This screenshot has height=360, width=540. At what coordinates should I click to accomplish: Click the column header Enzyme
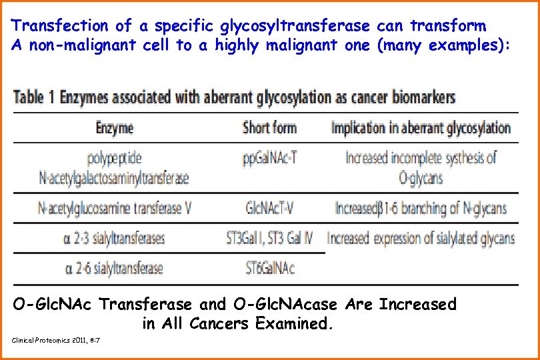coord(115,128)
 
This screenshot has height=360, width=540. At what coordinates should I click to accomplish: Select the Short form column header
coord(270,128)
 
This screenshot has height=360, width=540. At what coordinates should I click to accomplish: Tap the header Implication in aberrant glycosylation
coord(421,128)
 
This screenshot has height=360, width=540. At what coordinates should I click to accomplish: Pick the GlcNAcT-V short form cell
coord(270,208)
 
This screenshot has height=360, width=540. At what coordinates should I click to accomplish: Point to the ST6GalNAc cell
coord(270,269)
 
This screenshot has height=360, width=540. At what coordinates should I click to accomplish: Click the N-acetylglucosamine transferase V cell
coord(115,208)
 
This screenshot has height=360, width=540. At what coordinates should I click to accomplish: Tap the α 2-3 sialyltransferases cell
coord(115,238)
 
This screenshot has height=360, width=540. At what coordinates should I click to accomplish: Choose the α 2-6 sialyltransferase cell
coord(115,269)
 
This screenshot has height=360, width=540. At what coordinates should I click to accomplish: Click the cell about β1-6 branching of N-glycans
coord(421,208)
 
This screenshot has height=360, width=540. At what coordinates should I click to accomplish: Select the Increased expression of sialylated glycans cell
coord(421,238)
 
